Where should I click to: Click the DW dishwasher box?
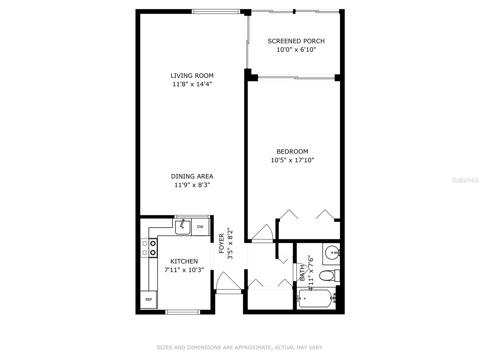200,227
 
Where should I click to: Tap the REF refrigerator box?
149,299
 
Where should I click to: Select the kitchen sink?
183,227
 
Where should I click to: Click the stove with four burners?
149,248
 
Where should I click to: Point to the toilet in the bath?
327,275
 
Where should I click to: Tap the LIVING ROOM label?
192,76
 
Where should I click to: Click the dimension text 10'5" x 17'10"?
292,160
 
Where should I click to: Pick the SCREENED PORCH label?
296,41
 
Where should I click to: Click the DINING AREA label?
192,176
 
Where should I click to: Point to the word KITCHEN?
184,261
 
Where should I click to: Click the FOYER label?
222,243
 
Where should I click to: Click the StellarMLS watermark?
465,180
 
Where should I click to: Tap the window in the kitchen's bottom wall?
183,312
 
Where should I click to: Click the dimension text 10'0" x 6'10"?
296,50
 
